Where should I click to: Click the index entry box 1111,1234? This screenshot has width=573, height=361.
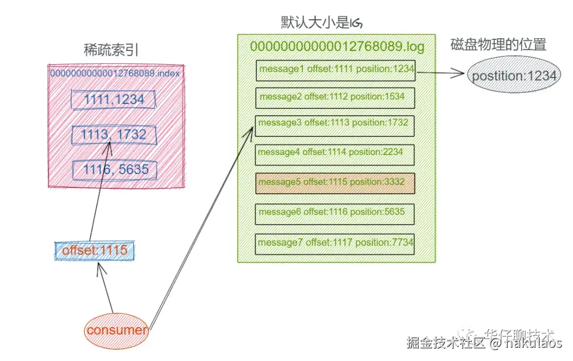pyautogui.click(x=114, y=99)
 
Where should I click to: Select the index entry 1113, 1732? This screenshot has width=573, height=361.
pyautogui.click(x=115, y=135)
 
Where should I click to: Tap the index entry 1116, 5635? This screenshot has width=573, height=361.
pyautogui.click(x=115, y=170)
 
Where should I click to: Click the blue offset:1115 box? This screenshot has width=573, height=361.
pyautogui.click(x=94, y=251)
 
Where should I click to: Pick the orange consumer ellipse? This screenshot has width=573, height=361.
pyautogui.click(x=117, y=330)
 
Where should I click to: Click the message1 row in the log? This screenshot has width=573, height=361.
pyautogui.click(x=335, y=70)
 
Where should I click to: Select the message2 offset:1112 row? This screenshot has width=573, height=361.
pyautogui.click(x=335, y=97)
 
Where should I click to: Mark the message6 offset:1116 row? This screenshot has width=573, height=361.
pyautogui.click(x=335, y=213)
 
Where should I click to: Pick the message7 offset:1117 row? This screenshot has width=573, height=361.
pyautogui.click(x=335, y=243)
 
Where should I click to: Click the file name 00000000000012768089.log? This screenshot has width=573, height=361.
pyautogui.click(x=337, y=47)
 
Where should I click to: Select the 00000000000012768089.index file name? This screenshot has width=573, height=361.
pyautogui.click(x=115, y=73)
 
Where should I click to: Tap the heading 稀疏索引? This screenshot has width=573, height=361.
pyautogui.click(x=111, y=50)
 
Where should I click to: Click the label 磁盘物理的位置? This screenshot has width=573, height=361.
pyautogui.click(x=498, y=45)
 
